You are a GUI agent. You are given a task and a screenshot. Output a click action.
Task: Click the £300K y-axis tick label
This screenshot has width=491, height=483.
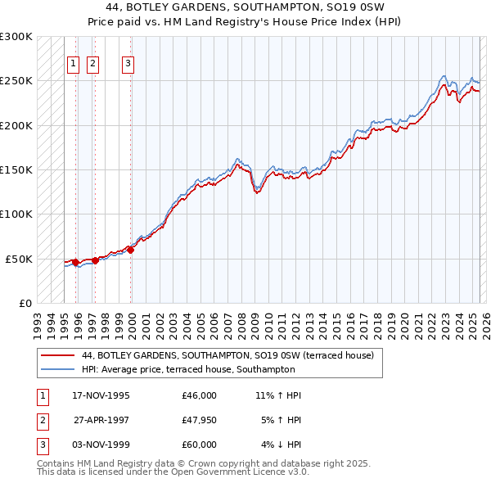[x=16, y=37]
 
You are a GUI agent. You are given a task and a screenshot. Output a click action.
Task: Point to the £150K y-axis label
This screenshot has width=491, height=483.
[x=16, y=169]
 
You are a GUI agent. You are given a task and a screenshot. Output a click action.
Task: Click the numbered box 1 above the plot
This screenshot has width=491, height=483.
[x=73, y=64]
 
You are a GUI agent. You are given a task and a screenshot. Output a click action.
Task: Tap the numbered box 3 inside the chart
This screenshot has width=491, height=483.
[x=128, y=64]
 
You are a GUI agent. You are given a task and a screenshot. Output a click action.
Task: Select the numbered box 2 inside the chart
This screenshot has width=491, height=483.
[x=92, y=64]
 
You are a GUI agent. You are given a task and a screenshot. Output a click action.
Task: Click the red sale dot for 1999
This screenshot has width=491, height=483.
[x=131, y=250]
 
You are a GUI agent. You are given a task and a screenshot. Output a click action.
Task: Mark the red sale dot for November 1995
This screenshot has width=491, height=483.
[x=76, y=262]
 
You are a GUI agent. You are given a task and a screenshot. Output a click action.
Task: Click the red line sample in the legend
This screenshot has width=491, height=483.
[x=56, y=356]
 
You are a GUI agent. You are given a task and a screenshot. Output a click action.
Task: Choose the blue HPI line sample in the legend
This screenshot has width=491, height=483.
[x=56, y=369]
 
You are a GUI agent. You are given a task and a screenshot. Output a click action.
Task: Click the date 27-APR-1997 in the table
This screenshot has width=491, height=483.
[x=101, y=421]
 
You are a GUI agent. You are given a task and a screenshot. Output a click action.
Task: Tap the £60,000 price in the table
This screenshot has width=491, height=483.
[x=199, y=445]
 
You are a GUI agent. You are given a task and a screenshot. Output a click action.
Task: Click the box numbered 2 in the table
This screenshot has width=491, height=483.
[x=42, y=421]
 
